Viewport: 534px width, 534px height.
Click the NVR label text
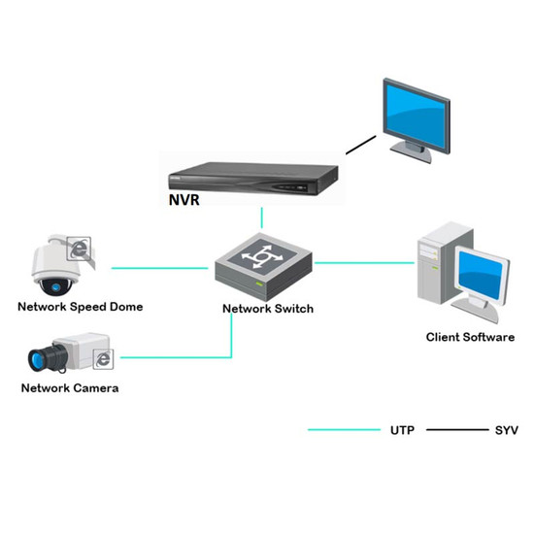pos(184,200)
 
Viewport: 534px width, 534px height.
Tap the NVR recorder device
pos(253,179)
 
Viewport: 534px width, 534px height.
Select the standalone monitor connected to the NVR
pos(417,120)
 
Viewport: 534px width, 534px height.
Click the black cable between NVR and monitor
pos(361,145)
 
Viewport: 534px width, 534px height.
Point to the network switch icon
pos(263,267)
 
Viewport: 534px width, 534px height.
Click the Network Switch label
pos(268,309)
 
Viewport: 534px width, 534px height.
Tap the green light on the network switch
pos(259,284)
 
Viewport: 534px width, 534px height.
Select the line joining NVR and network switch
pos(261,217)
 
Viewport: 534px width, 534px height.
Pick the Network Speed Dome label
pos(81,307)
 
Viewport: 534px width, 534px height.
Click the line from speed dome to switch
pos(160,268)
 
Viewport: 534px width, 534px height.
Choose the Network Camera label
pos(70,388)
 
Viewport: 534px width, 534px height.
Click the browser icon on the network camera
pos(103,359)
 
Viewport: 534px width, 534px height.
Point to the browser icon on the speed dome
pos(79,249)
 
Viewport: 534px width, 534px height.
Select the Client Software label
pos(470,337)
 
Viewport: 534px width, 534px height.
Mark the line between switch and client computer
pos(364,262)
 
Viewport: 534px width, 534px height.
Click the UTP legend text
pos(402,430)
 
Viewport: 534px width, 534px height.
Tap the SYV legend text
pos(507,430)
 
